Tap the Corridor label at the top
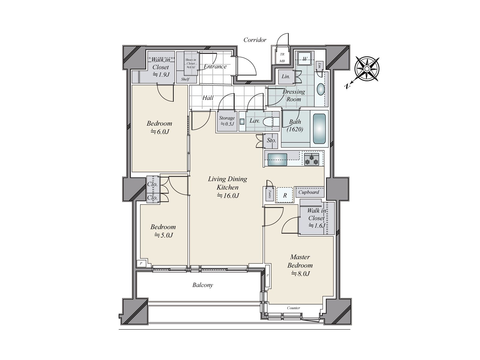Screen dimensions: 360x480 pos(255,40)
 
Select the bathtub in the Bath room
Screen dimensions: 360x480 pos(319,129)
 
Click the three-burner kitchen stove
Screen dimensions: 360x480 pos(312,159)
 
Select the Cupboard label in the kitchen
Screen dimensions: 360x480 pos(309,192)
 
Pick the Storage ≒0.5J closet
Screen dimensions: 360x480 pos(227,121)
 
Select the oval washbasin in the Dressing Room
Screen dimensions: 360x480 pos(321,89)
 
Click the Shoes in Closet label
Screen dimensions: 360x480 pos(190,64)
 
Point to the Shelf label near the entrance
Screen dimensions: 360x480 pos(185,79)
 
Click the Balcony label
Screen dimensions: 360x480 pos(202,285)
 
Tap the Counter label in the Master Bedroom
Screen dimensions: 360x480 pos(293,308)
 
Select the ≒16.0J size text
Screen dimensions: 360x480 pos(228,196)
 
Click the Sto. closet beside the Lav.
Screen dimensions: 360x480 pos(271,140)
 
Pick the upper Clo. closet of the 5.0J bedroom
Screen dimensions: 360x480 pos(152,184)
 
